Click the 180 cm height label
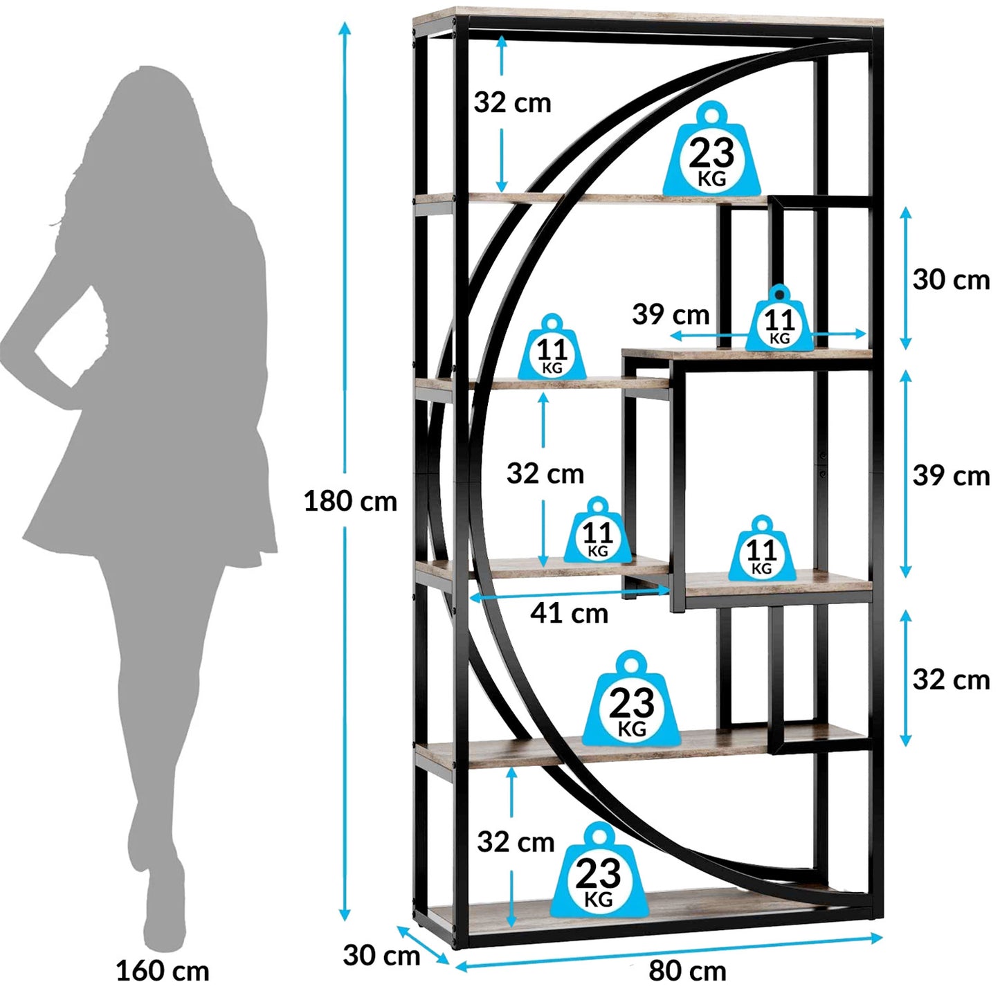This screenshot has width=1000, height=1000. pyautogui.click(x=350, y=501)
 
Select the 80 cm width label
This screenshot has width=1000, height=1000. pyautogui.click(x=687, y=970)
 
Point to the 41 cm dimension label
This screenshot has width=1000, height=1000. pyautogui.click(x=569, y=613)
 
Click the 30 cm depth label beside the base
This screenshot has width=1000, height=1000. pyautogui.click(x=381, y=955)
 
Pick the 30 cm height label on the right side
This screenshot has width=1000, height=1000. pyautogui.click(x=952, y=280)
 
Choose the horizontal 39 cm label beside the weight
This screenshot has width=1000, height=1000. pyautogui.click(x=671, y=314)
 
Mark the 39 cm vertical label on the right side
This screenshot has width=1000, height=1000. pyautogui.click(x=952, y=476)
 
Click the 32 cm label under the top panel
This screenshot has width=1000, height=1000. pyautogui.click(x=512, y=102)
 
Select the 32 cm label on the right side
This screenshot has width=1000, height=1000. pyautogui.click(x=952, y=680)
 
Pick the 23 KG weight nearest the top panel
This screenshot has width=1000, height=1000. pyautogui.click(x=712, y=150)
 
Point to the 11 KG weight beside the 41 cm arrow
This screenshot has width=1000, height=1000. pyautogui.click(x=598, y=530)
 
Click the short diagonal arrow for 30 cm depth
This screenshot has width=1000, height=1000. pyautogui.click(x=423, y=944)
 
